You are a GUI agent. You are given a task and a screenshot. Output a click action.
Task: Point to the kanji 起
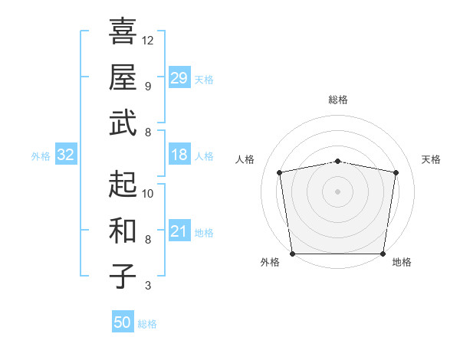(x=123, y=184)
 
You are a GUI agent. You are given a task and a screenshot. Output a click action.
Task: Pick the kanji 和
(x=123, y=230)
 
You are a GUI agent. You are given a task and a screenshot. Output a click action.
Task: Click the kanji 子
(x=123, y=276)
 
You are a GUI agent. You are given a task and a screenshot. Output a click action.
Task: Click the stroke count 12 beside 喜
(x=148, y=40)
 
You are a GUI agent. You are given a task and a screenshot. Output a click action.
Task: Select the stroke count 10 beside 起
(x=148, y=193)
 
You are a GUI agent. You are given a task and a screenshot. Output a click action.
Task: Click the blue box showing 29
(x=179, y=78)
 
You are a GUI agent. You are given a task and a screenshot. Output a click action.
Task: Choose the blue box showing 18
(x=179, y=155)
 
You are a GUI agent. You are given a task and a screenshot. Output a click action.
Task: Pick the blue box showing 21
(x=179, y=232)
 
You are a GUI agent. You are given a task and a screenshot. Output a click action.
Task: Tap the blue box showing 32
(x=66, y=155)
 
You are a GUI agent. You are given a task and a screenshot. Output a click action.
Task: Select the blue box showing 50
(x=123, y=323)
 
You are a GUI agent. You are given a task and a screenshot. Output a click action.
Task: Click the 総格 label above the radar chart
(x=338, y=100)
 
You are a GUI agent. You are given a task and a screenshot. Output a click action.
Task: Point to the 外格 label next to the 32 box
(x=41, y=156)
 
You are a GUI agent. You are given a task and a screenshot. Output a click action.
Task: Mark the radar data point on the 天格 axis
(x=396, y=172)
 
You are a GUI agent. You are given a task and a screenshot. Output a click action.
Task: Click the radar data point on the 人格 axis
(x=280, y=172)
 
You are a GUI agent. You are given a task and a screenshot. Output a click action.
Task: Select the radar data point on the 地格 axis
(x=383, y=254)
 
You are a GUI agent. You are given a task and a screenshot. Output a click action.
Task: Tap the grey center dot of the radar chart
(x=338, y=191)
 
